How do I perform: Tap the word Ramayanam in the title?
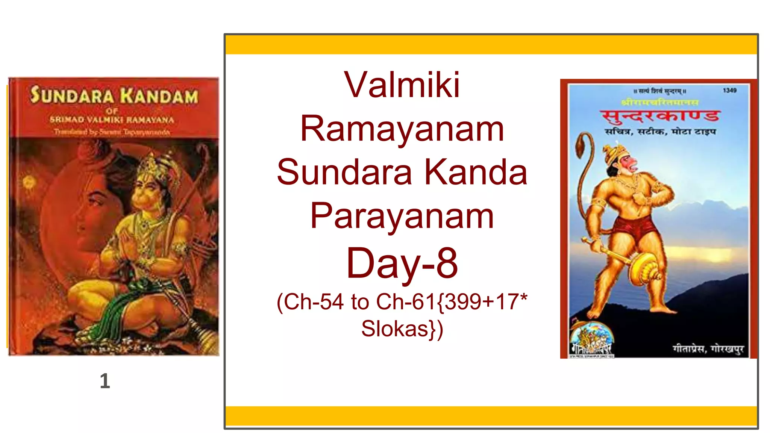(x=402, y=129)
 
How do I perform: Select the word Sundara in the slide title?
(x=344, y=172)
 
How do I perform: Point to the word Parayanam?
(x=402, y=216)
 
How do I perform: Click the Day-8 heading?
(x=402, y=263)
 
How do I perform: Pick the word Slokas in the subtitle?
(x=395, y=329)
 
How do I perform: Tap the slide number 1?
(x=105, y=381)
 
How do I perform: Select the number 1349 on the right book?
(x=729, y=91)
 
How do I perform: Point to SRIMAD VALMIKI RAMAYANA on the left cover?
(x=112, y=120)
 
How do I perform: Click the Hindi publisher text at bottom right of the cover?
(x=708, y=349)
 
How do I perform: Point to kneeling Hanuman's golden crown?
(x=150, y=165)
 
